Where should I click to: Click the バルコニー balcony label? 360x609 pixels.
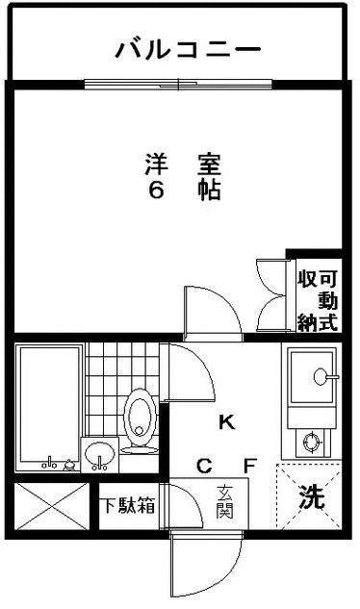188,50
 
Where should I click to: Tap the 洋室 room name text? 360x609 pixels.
183,165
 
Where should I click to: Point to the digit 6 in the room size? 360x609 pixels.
156,190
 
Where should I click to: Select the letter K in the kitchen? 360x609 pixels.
226,422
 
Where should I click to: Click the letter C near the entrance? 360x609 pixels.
204,466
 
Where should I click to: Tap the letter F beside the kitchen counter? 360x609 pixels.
250,466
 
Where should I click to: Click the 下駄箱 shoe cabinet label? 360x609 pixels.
128,506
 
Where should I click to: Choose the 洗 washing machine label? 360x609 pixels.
311,497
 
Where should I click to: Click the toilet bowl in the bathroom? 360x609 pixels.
140,421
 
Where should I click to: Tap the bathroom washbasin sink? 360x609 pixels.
100,453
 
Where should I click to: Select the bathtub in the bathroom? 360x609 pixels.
49,407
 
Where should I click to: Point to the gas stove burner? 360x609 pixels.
312,443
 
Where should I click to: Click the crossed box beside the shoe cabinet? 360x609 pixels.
52,506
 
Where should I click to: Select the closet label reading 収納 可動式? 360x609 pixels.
318,300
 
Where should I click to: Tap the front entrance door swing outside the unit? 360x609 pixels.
206,565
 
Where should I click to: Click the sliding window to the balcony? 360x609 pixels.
178,84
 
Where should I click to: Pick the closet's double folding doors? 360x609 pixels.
273,295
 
